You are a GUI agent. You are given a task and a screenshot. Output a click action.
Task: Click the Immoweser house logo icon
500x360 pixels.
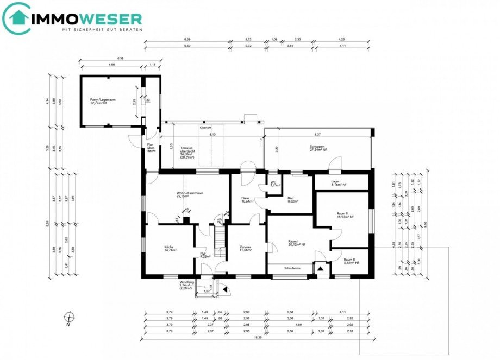[17, 18]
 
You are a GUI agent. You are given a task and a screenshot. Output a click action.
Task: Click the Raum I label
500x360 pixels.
[296, 242]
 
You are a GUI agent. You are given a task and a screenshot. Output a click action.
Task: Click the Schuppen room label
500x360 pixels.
[318, 147]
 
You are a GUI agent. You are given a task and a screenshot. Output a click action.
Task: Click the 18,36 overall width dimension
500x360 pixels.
[251, 337]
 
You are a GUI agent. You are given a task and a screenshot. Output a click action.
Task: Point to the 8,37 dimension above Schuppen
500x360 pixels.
[317, 134]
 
